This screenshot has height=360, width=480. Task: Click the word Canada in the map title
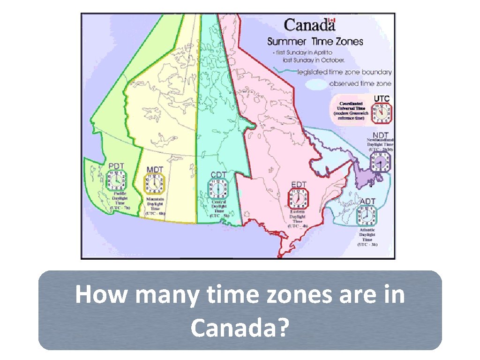point(306,25)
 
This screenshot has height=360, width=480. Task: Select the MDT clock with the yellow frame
point(155,183)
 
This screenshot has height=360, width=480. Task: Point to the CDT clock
point(218,189)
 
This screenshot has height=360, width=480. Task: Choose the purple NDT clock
point(380,162)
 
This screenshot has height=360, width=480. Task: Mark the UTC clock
point(382,113)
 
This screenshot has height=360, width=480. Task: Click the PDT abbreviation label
point(116,166)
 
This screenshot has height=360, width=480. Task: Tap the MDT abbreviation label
point(155,169)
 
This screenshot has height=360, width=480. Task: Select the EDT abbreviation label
point(299,184)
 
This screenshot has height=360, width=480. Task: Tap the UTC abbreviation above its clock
point(381,98)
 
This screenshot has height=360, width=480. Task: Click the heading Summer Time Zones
point(315,41)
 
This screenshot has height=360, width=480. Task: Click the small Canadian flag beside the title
point(332,21)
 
